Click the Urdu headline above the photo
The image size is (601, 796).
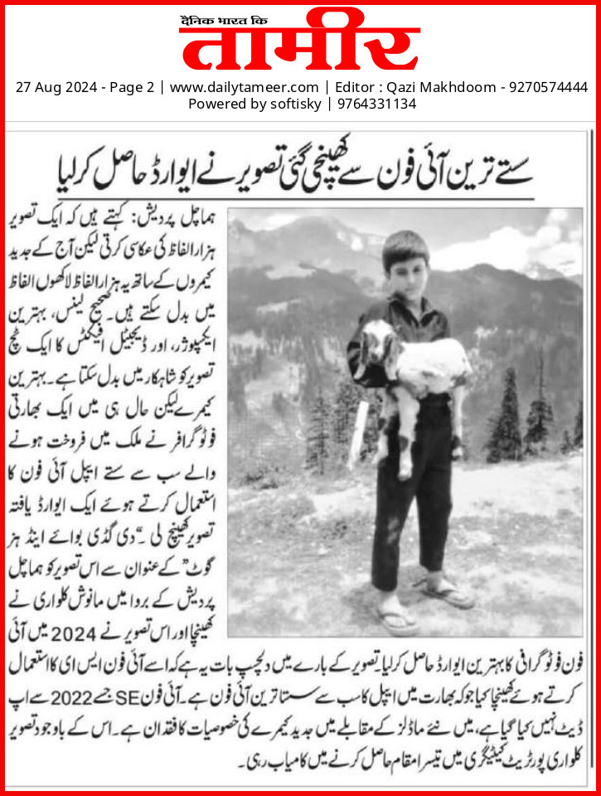[300, 168]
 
